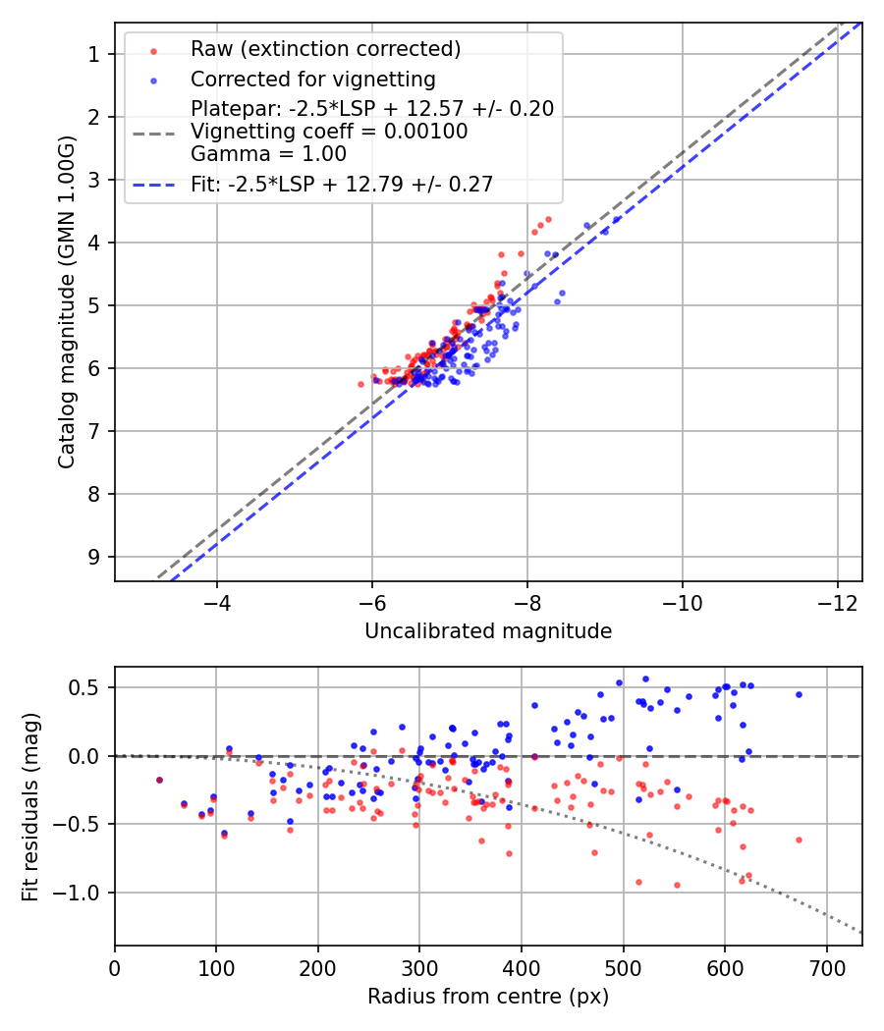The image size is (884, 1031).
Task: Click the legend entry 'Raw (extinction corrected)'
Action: pos(325,49)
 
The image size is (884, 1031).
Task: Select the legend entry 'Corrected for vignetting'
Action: pos(312,79)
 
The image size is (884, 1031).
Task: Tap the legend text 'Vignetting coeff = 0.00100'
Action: pos(329,132)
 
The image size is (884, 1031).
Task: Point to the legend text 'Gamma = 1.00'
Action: pos(268,154)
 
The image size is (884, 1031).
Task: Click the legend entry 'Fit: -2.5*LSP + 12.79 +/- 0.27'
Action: pos(342,184)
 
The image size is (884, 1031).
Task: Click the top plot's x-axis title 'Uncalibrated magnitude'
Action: pos(488,631)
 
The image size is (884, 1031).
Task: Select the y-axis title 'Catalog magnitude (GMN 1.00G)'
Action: pos(66,301)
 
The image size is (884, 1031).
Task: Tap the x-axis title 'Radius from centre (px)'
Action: pos(488,997)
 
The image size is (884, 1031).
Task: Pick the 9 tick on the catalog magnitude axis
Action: pos(94,557)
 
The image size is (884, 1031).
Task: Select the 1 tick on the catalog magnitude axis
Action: pos(94,54)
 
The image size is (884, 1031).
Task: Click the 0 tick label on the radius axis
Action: pos(115,968)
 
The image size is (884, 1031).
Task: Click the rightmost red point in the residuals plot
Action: pos(799,840)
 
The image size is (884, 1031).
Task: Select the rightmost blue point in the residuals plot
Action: pos(799,694)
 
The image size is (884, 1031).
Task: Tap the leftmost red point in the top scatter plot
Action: pos(360,384)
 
